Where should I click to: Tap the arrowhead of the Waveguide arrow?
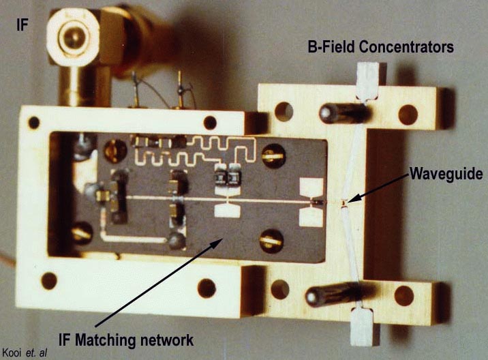[347, 202]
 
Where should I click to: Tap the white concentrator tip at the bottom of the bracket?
[363, 326]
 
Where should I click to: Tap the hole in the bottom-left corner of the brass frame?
[49, 280]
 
